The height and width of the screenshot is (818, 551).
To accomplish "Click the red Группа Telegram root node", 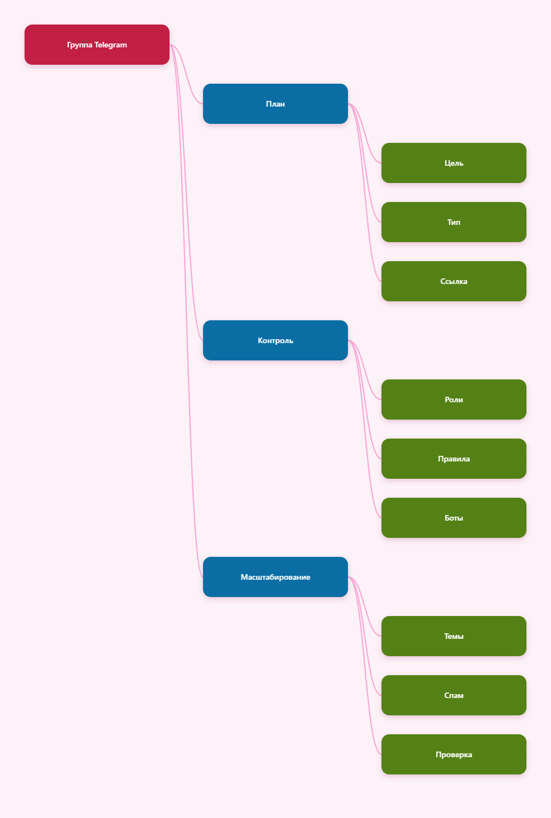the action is click(96, 45).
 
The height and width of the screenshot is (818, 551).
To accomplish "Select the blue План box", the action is click(275, 104).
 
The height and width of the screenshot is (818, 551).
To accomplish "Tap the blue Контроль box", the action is click(275, 340).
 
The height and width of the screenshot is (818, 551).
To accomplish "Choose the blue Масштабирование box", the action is click(275, 577).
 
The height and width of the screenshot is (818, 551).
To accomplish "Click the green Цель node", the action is click(453, 163).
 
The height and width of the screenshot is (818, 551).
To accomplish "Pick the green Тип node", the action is click(453, 222).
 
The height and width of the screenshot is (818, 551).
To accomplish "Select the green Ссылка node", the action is click(453, 281).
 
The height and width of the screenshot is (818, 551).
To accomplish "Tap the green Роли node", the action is click(453, 400).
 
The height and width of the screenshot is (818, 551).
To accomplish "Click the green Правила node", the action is click(453, 459).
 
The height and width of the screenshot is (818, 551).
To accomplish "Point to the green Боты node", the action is click(453, 518).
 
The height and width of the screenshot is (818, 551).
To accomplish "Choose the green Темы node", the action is click(453, 636).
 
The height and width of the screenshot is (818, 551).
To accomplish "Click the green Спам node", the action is click(453, 695).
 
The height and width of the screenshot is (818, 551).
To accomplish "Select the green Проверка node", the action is click(453, 754).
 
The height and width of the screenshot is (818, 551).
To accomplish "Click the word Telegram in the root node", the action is click(110, 45).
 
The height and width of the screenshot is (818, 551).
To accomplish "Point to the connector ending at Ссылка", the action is click(365, 193).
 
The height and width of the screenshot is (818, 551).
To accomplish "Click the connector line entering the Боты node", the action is click(365, 429).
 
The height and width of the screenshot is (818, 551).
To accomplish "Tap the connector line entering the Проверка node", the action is click(365, 666).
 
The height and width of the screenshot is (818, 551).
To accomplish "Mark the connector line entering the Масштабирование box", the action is click(186, 311).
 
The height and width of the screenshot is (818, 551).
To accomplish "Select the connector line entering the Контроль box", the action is click(186, 193).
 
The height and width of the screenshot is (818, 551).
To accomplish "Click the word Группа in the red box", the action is click(80, 45).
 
